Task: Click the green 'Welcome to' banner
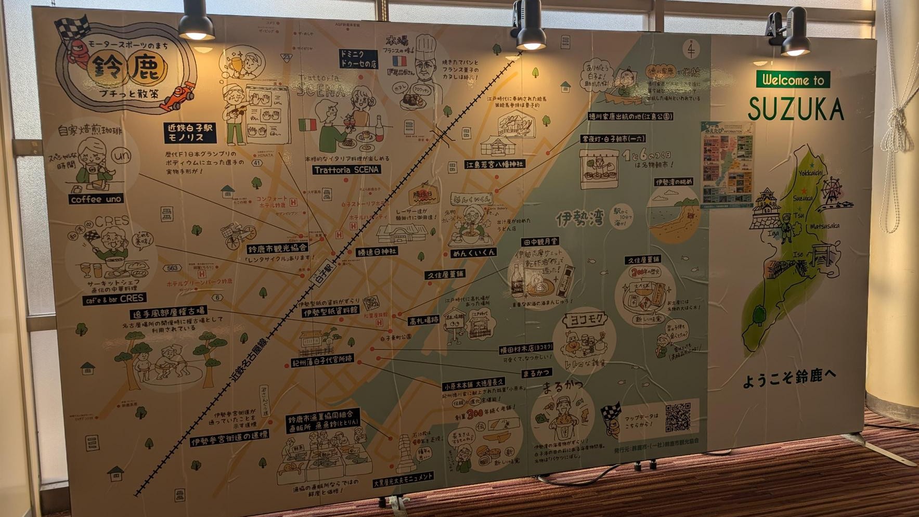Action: [x=793, y=80]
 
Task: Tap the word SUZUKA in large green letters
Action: [x=796, y=110]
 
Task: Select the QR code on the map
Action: [x=678, y=417]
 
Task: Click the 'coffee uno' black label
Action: [x=96, y=199]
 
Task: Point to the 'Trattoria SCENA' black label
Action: [x=346, y=170]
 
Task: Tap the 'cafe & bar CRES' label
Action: [x=114, y=299]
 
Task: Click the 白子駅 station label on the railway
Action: [x=322, y=272]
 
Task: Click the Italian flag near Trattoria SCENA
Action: [x=307, y=125]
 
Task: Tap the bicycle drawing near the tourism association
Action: [x=238, y=235]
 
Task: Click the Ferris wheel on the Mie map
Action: [x=831, y=190]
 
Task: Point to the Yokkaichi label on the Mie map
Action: [x=811, y=173]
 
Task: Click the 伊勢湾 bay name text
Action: [x=579, y=218]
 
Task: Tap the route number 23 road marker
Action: [x=286, y=57]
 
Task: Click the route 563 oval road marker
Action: [x=172, y=268]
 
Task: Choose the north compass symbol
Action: [x=691, y=49]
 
